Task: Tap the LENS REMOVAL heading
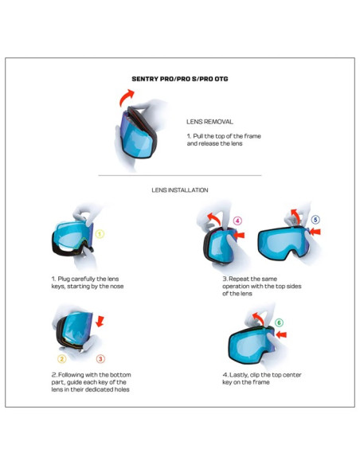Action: [209, 122]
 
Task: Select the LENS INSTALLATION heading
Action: [179, 190]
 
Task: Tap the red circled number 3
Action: [101, 358]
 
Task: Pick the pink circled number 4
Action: [237, 221]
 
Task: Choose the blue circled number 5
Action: [315, 220]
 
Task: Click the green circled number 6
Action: [278, 322]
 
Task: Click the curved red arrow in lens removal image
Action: [125, 97]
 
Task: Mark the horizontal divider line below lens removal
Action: [179, 175]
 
